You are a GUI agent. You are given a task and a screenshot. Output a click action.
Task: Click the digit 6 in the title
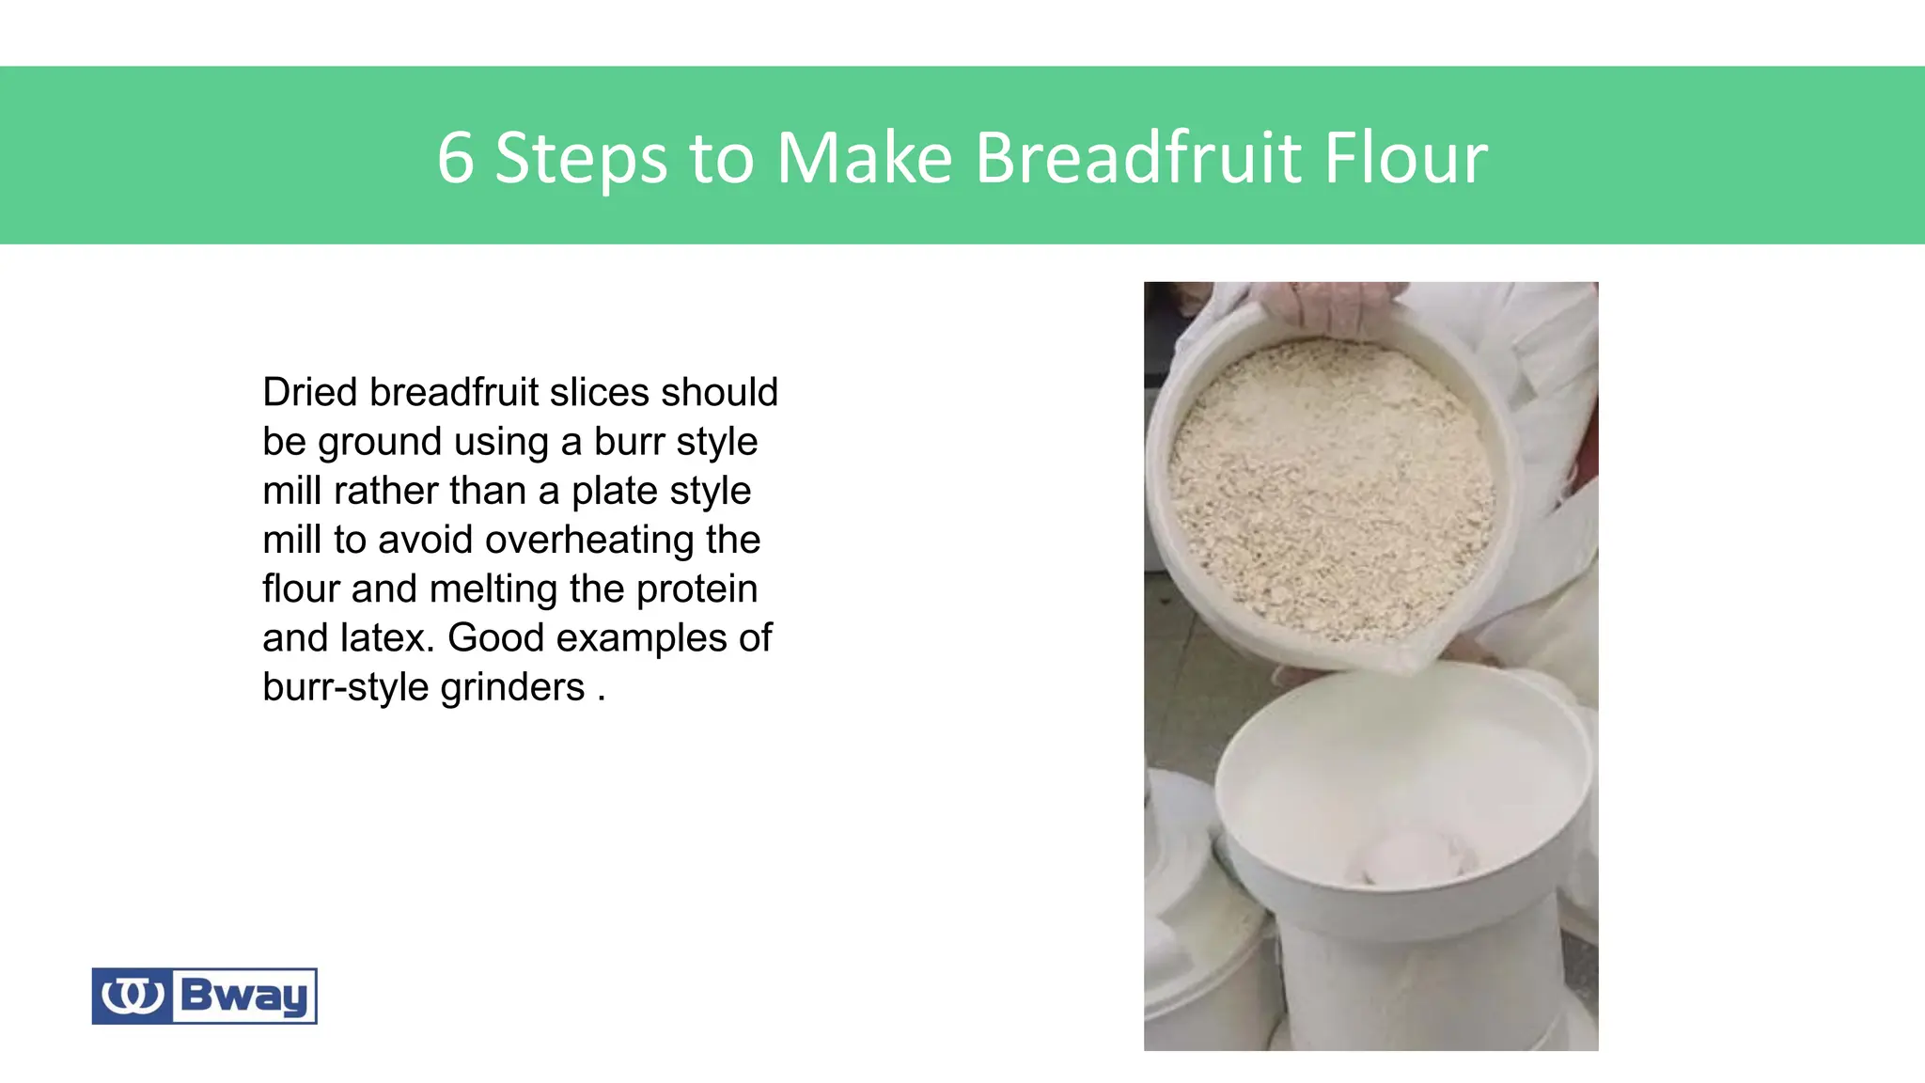coord(456,158)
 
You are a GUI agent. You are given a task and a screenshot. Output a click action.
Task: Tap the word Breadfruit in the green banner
coord(1137,158)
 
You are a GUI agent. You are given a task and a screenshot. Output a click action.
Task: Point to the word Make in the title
coord(865,158)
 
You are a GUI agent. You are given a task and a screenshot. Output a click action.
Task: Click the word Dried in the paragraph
coord(308,392)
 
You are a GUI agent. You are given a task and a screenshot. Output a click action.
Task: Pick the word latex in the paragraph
coord(386,638)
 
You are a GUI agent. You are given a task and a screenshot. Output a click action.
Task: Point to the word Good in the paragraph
coord(495,638)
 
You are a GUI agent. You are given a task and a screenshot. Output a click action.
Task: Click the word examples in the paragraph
coord(642,638)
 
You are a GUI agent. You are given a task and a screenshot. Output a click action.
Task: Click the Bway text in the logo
coord(243,996)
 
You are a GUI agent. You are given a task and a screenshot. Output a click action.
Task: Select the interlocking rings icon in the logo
coord(133,996)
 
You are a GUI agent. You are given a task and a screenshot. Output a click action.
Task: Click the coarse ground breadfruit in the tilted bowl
coord(1330,489)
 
